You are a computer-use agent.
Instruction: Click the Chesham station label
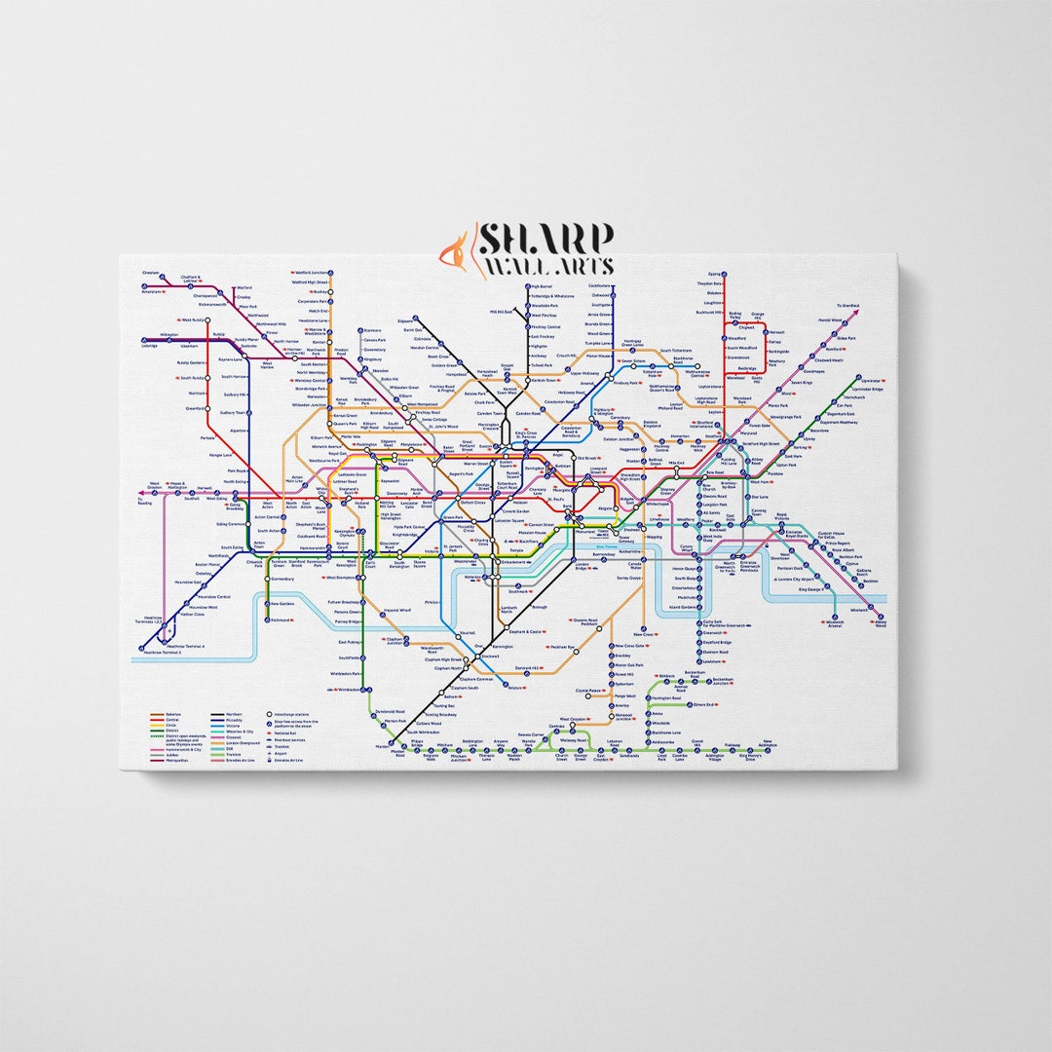(x=150, y=273)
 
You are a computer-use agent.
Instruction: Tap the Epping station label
(x=716, y=274)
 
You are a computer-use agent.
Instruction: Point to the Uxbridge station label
(x=149, y=345)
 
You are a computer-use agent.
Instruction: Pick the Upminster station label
(x=872, y=380)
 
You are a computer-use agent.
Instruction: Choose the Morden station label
(x=383, y=746)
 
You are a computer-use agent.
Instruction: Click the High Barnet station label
(x=542, y=286)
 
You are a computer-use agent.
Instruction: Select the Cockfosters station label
(x=600, y=285)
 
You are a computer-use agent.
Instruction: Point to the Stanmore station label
(x=371, y=330)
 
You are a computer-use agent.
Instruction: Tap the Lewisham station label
(x=712, y=660)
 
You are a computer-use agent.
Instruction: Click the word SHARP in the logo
(x=545, y=240)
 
